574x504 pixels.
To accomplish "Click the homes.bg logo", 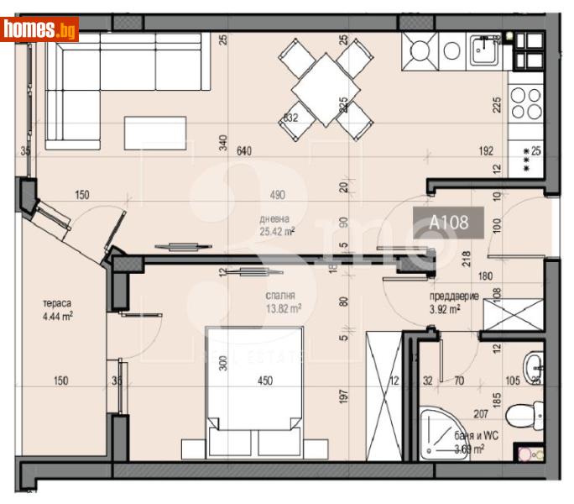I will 39,30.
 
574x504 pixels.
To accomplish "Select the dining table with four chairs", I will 323,89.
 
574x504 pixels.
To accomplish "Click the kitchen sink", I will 484,52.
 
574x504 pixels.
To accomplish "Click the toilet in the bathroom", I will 527,414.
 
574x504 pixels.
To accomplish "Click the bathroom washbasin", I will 534,366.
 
